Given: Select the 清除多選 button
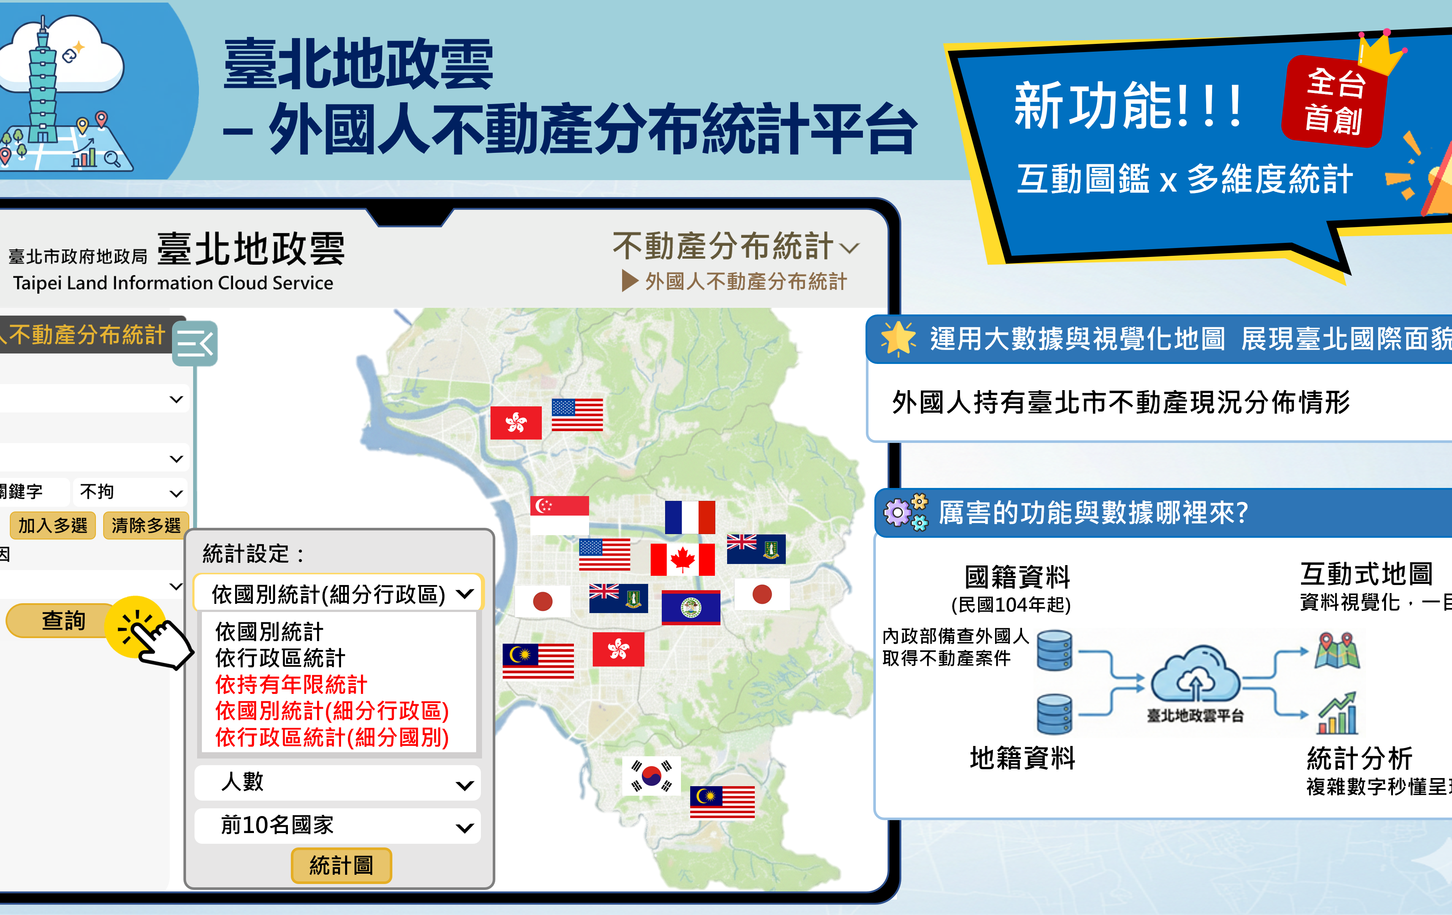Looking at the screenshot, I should click(x=146, y=525).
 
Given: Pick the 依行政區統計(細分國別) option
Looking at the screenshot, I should click(x=332, y=737).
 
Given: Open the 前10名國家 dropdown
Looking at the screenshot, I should click(x=338, y=825).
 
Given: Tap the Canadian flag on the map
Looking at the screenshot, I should click(x=682, y=559).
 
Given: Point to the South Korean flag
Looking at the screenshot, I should click(x=651, y=776).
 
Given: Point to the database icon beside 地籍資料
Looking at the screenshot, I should click(x=1054, y=714).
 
